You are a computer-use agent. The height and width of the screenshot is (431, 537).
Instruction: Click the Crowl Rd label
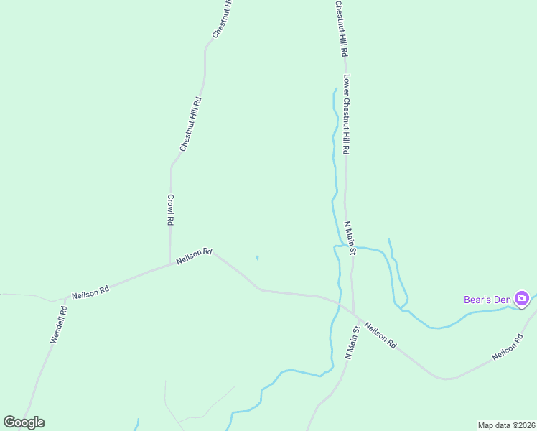171,210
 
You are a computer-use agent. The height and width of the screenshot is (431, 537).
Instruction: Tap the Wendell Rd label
58,325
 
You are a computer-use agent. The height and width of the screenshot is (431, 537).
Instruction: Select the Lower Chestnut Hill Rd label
346,115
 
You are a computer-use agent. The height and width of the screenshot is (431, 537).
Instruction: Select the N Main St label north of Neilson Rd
350,238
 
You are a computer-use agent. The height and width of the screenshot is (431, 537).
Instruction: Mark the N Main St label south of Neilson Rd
352,342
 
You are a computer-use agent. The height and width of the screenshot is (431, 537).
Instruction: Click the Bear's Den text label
486,299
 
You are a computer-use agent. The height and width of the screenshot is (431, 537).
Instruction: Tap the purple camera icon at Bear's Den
522,298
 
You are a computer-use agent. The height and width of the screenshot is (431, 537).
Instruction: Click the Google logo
24,422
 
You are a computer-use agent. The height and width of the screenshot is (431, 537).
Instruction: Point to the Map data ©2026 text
505,425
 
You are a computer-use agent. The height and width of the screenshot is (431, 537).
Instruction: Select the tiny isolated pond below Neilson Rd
257,259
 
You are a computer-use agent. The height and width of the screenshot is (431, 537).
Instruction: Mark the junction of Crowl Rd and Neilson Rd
170,264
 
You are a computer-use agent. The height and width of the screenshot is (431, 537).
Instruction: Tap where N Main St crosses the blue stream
352,249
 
